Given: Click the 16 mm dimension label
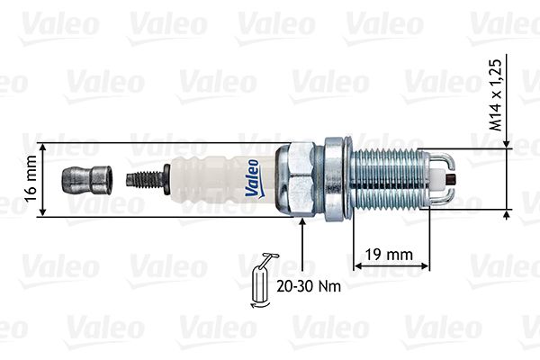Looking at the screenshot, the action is pos(31,178).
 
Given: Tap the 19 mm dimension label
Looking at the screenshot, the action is pos(389,255).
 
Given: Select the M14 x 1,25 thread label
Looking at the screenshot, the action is pos(496,95).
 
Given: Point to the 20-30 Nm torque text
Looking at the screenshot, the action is pos(309,286).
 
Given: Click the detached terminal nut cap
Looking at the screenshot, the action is pos(86,180).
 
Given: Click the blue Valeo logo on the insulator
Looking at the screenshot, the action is pos(252,178).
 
